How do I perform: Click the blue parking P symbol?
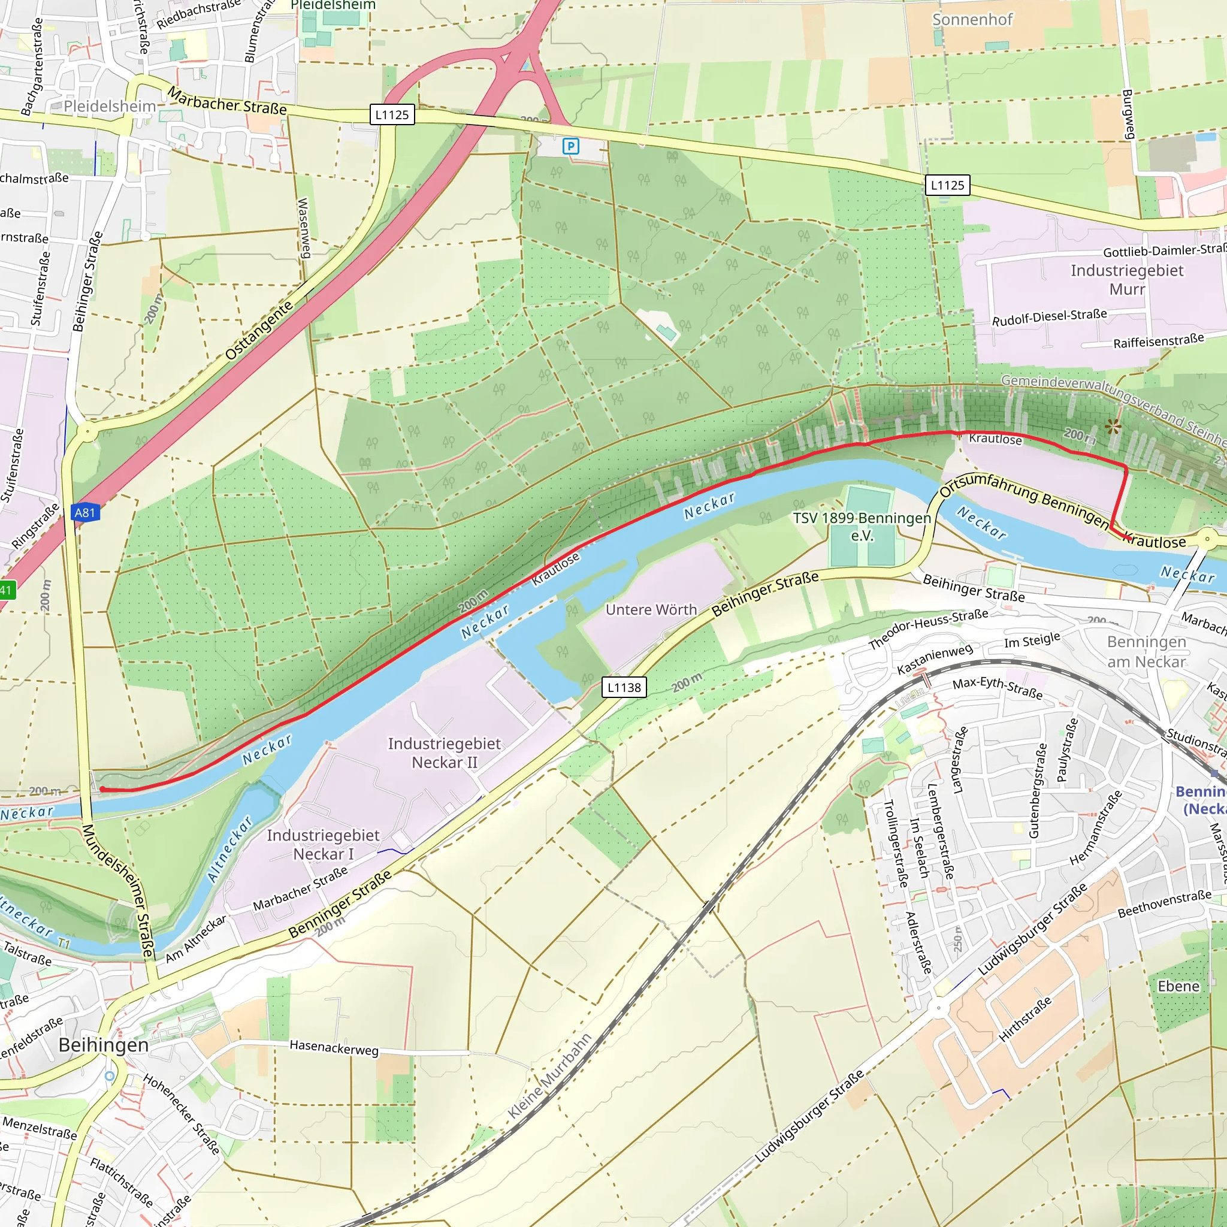[570, 147]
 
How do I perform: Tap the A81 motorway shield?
[85, 512]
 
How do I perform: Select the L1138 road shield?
[624, 687]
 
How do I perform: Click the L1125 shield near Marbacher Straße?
[392, 115]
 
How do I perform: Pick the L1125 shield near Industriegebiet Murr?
[947, 186]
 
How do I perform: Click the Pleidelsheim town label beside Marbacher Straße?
[109, 106]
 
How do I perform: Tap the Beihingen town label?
[104, 1045]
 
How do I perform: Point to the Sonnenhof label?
[972, 20]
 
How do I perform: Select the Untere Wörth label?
[651, 610]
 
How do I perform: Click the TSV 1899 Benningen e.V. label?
[862, 527]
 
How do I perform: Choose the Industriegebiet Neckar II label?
[444, 752]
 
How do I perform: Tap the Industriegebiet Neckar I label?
[323, 844]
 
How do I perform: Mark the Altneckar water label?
[230, 849]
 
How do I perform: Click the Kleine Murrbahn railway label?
[549, 1076]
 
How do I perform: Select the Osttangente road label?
[259, 330]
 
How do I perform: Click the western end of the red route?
[102, 790]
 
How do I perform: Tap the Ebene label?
[1178, 986]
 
